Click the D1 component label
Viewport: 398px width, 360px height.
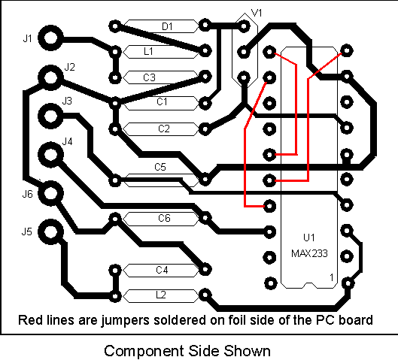167,26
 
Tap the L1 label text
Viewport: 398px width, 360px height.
148,51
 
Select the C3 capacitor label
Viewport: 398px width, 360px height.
149,77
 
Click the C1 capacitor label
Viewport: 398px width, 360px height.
162,102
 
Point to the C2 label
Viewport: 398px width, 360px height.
164,129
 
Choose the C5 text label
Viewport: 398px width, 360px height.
160,167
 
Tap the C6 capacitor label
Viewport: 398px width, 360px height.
164,218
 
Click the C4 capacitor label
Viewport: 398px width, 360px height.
162,270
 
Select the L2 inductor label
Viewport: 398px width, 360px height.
161,295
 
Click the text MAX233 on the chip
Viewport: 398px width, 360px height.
309,253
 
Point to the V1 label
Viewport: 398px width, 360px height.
257,13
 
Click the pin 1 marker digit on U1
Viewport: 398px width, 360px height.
332,277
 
